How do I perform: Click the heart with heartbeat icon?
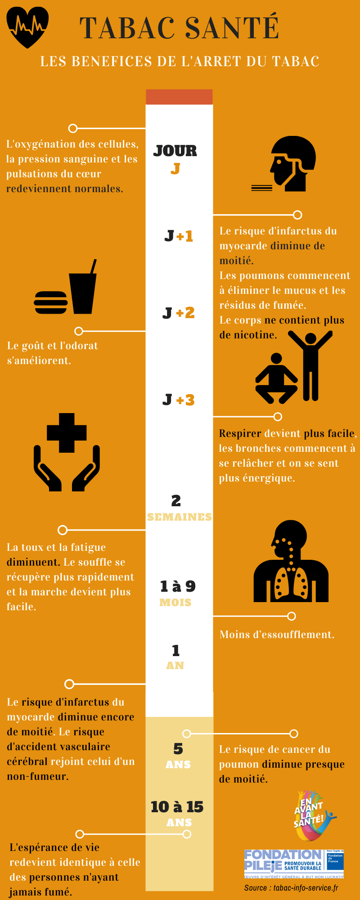(27, 27)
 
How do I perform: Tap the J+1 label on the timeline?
(179, 236)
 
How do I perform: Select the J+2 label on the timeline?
(179, 313)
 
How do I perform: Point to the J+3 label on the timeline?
(179, 400)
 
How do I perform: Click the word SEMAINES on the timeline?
(179, 517)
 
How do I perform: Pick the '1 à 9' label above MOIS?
(178, 586)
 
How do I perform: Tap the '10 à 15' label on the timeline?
(177, 807)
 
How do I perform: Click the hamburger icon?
(51, 302)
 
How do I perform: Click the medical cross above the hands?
(67, 432)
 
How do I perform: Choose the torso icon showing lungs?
(291, 562)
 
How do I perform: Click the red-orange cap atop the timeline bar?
(179, 97)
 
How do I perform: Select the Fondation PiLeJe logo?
(294, 864)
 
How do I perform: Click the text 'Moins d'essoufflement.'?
(277, 634)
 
